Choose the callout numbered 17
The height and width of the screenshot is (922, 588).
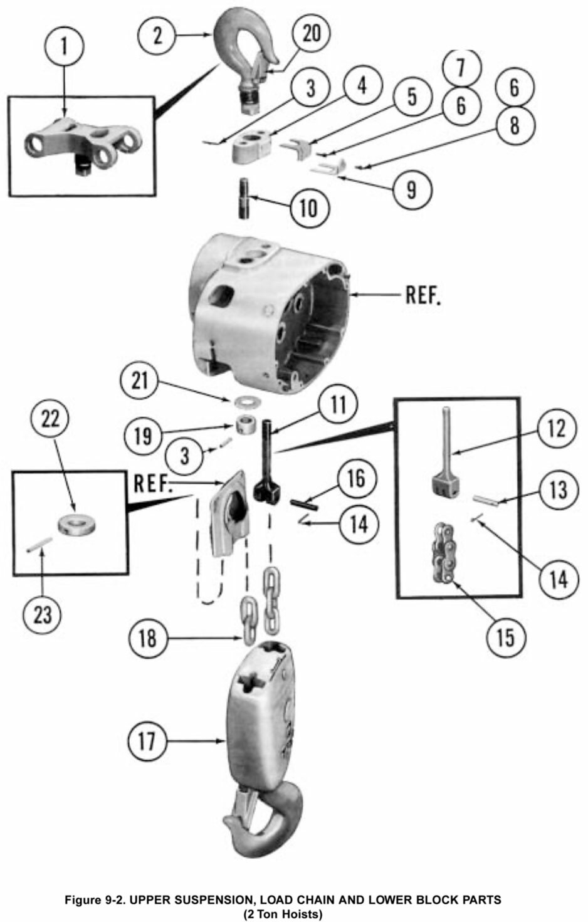(x=147, y=741)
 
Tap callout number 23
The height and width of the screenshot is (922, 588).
(x=42, y=614)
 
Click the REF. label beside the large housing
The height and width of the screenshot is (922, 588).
(x=423, y=295)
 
